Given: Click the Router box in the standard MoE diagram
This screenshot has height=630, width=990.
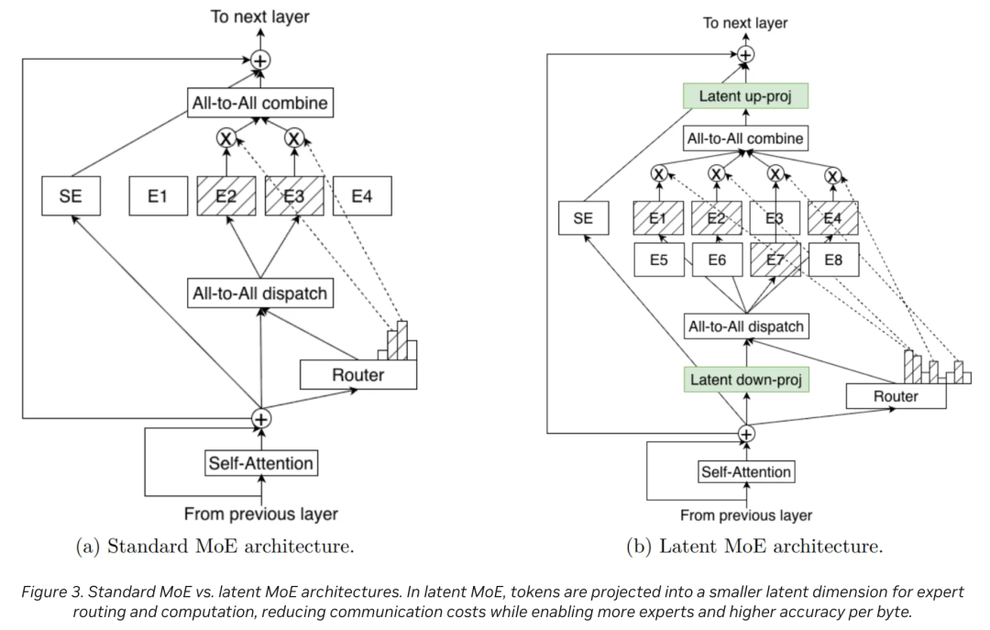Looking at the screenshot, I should click(x=357, y=374).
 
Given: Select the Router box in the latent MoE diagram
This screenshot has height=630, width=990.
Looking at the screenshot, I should click(x=895, y=396).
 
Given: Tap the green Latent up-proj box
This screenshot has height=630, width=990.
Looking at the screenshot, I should click(x=745, y=95).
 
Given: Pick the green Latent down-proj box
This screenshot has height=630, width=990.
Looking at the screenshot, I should click(x=745, y=380).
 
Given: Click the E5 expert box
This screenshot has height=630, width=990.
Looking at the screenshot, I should click(x=658, y=260).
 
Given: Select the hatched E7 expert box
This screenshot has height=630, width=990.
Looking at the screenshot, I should click(x=775, y=260).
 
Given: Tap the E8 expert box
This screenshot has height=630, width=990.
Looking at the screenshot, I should click(x=832, y=260).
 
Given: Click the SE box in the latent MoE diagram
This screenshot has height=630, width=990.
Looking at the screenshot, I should click(x=583, y=218).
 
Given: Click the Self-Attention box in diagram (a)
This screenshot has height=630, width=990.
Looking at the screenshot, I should click(x=261, y=463).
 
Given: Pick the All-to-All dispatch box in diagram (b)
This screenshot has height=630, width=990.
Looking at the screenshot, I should click(x=745, y=326).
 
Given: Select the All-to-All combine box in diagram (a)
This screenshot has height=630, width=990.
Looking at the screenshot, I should click(x=259, y=103).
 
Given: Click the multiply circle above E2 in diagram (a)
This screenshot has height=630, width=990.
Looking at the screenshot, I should click(x=225, y=138).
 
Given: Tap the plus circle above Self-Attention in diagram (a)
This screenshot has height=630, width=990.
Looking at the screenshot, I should click(x=262, y=418).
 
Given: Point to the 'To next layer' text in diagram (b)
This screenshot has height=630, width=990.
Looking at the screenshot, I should click(x=745, y=23).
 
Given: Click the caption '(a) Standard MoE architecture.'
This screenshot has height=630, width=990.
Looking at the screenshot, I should click(x=214, y=547).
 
